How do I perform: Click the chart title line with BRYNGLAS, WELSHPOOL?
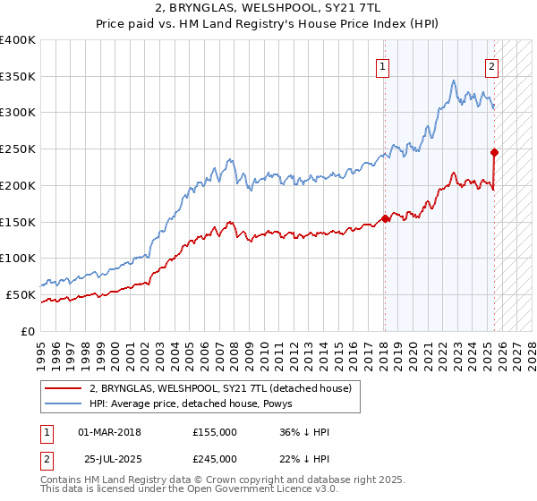[x=268, y=10]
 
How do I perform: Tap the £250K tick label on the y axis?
[x=18, y=149]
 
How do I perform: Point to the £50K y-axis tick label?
[x=21, y=294]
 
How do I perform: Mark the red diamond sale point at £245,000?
[x=494, y=152]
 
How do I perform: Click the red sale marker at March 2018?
[x=385, y=217]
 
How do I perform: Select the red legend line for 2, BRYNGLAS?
[x=64, y=388]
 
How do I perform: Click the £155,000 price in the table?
[x=214, y=432]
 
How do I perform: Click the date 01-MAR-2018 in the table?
[x=109, y=432]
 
